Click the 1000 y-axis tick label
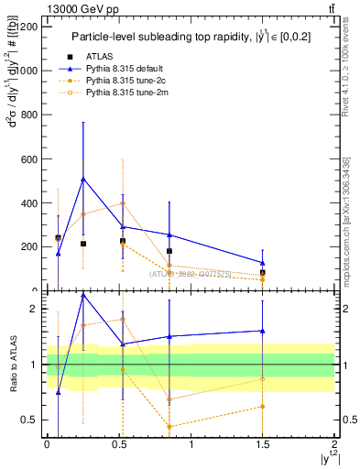(x=25, y=71)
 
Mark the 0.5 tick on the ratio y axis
(x=33, y=420)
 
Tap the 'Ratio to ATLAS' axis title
(x=12, y=364)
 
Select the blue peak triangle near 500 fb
(x=83, y=179)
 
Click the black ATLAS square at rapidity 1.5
(x=263, y=272)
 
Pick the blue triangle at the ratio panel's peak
(x=83, y=295)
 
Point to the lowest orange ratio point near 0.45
(x=169, y=426)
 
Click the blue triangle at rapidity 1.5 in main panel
(x=263, y=263)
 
